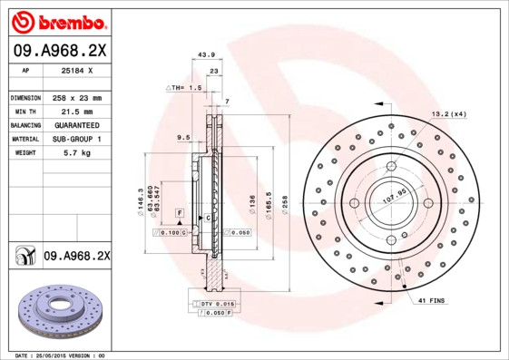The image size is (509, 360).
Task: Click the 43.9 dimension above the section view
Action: (205, 56)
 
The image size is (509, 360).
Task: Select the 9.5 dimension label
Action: (182, 138)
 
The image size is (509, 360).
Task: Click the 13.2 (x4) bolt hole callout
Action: (447, 113)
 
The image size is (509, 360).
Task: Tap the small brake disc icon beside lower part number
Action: (22, 257)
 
